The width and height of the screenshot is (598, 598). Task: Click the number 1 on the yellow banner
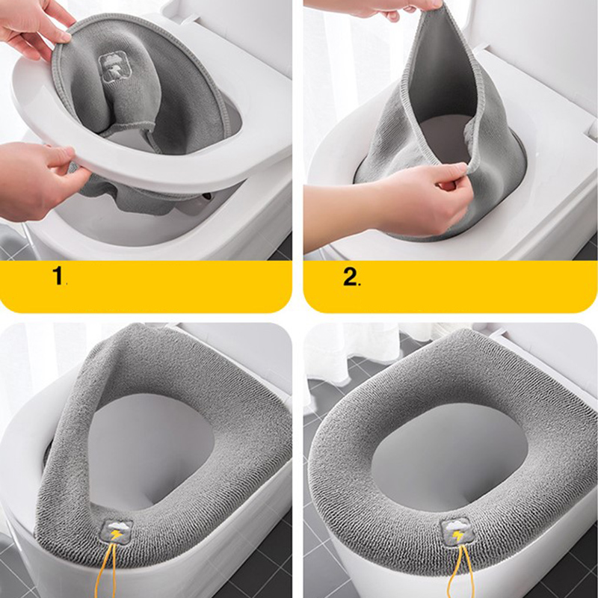58,275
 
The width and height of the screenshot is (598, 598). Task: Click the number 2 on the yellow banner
350,276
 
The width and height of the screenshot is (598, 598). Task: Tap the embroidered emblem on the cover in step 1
111,67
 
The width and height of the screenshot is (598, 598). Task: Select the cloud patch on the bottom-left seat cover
117,531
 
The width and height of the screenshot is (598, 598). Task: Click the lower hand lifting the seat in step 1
38,179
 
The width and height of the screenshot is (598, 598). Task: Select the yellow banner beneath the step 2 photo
450,286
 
